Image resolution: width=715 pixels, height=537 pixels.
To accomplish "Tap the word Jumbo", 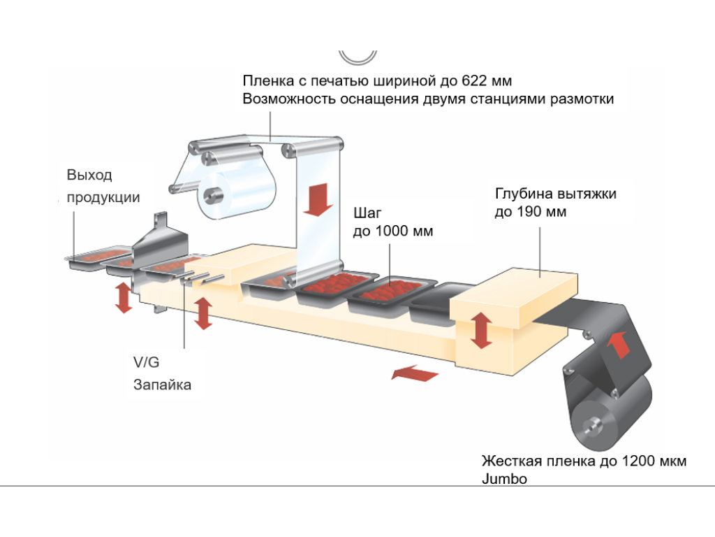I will (x=504, y=479).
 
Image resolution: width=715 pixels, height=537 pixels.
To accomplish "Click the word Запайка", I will (x=162, y=384).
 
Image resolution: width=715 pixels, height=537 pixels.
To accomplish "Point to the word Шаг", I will (x=369, y=212).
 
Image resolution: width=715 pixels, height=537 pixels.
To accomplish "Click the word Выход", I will (x=89, y=175).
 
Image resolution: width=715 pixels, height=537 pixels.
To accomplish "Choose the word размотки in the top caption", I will (x=582, y=99).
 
